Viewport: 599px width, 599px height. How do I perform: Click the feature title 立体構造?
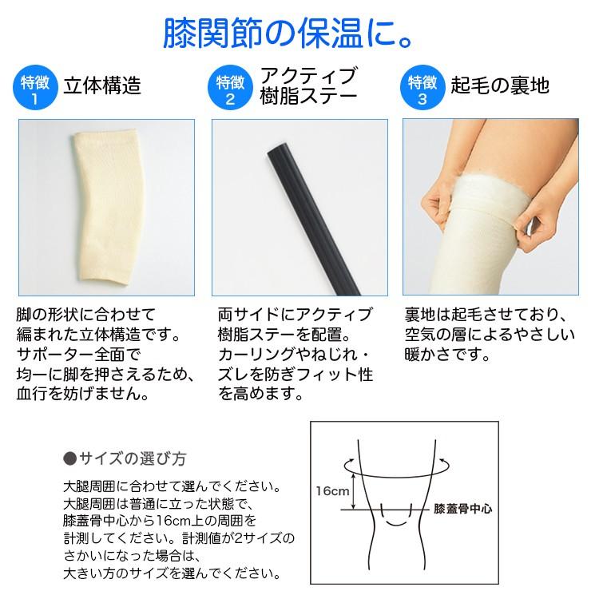(101, 85)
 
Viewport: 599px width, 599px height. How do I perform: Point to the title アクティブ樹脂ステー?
(307, 87)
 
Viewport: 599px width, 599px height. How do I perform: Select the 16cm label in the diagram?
(330, 490)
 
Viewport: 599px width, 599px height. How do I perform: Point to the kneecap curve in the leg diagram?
(396, 522)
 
